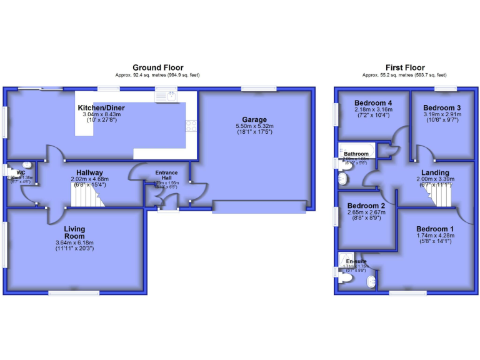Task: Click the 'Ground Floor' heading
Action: pos(156,67)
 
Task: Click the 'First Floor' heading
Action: pos(405,67)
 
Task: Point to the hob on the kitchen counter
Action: pos(191,125)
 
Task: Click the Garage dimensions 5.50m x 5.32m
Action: pos(255,126)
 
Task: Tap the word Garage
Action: pos(255,119)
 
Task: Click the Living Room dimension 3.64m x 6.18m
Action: pos(74,242)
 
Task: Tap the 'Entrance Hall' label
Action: pos(166,176)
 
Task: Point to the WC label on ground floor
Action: pos(21,172)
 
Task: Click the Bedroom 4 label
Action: pos(373,103)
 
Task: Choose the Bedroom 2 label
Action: pos(367,206)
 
